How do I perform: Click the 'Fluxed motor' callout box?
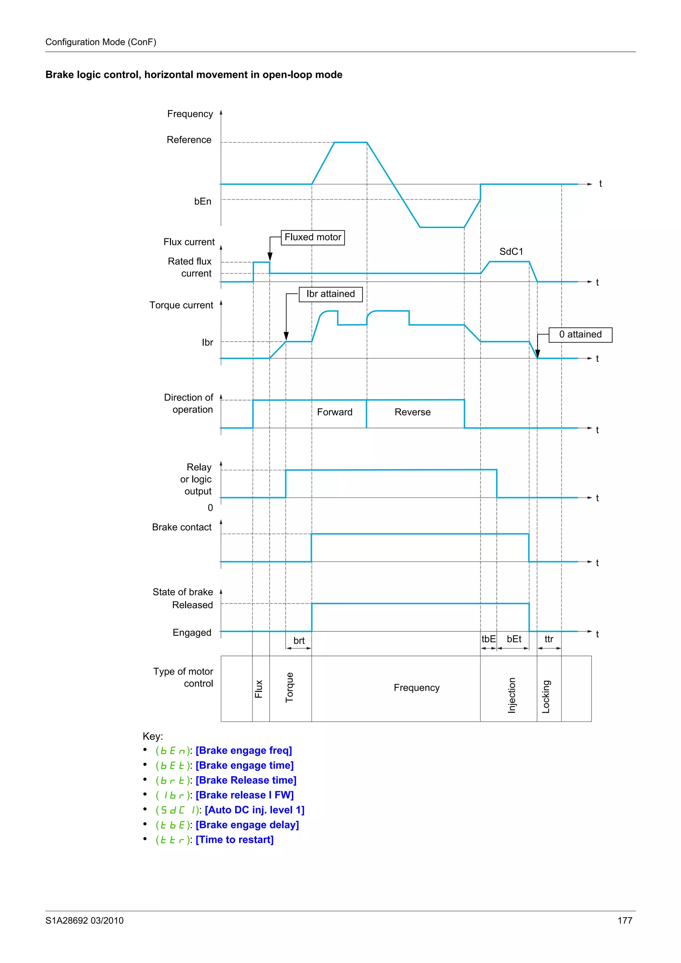pyautogui.click(x=313, y=237)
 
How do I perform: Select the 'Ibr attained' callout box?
pyautogui.click(x=331, y=294)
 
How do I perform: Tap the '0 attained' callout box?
pyautogui.click(x=580, y=335)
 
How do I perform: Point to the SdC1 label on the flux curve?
pyautogui.click(x=511, y=252)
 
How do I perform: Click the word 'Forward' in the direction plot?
pyautogui.click(x=335, y=412)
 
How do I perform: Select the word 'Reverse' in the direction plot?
pyautogui.click(x=412, y=412)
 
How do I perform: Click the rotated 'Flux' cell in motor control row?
pyautogui.click(x=259, y=689)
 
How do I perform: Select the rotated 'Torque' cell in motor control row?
pyautogui.click(x=290, y=688)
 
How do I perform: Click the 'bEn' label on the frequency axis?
pyautogui.click(x=203, y=202)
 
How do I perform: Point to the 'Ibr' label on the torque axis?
pyautogui.click(x=207, y=343)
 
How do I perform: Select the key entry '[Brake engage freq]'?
pyautogui.click(x=243, y=750)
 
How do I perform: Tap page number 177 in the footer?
pyautogui.click(x=624, y=921)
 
